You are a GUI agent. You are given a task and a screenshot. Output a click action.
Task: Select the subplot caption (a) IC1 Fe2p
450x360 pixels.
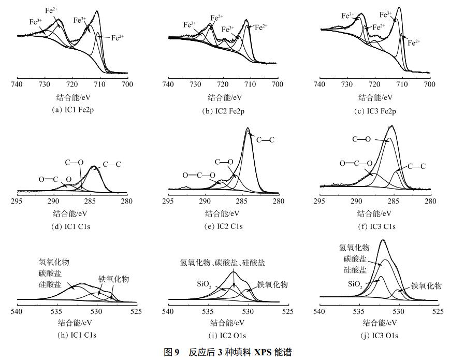[72, 110]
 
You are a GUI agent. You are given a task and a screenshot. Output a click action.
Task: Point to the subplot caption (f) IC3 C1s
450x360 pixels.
[375, 226]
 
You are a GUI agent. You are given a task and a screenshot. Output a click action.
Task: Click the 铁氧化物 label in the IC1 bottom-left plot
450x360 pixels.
[114, 279]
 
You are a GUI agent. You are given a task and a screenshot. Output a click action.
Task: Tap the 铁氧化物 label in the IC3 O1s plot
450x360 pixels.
[426, 285]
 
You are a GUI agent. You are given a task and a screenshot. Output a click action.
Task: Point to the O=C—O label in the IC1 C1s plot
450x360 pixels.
[55, 180]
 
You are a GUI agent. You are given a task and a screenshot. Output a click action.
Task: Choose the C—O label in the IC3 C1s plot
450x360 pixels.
[362, 139]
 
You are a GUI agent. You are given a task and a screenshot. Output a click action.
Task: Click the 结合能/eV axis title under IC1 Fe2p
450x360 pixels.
[72, 97]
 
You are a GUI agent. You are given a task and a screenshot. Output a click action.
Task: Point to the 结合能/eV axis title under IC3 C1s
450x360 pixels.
[375, 213]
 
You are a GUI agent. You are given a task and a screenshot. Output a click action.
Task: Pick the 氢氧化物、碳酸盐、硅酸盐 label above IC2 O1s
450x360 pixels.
[223, 263]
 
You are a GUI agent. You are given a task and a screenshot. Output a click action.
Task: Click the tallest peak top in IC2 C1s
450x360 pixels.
[248, 128]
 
